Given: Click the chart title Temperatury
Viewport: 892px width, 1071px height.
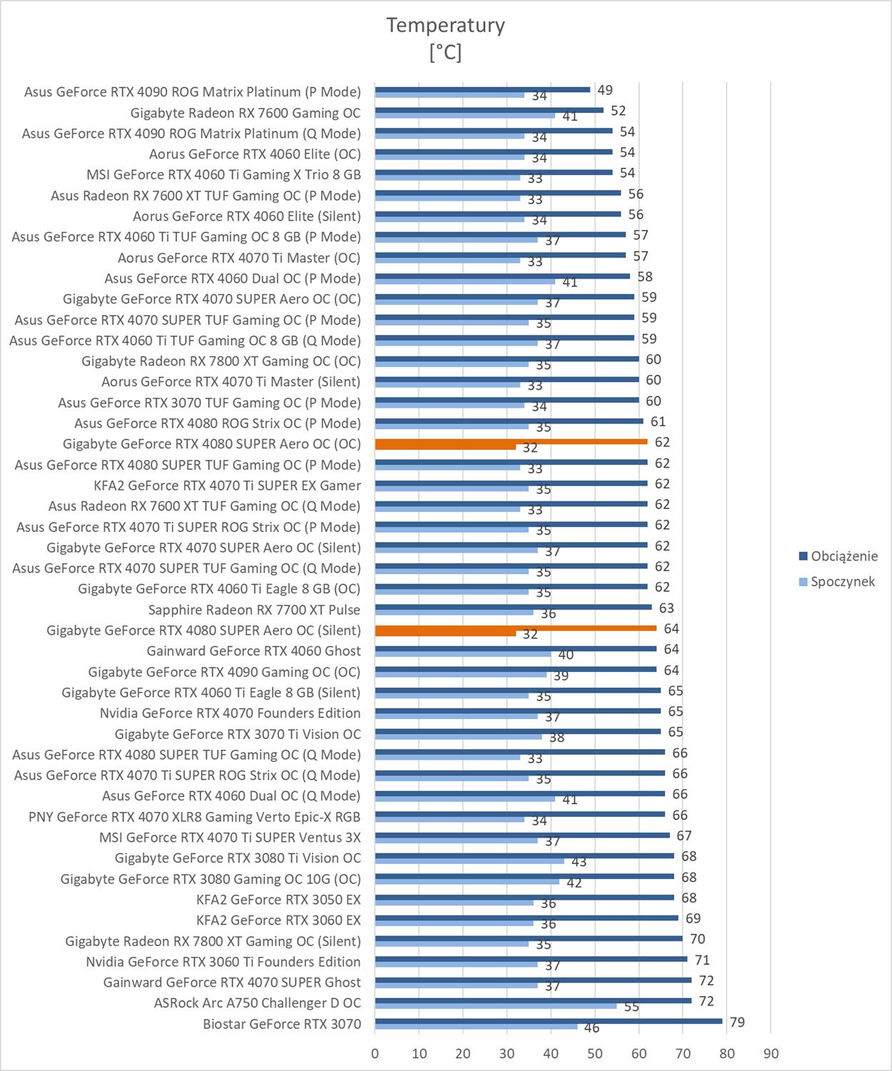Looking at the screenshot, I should pyautogui.click(x=445, y=25).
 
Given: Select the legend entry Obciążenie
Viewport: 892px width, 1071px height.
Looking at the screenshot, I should pyautogui.click(x=844, y=556).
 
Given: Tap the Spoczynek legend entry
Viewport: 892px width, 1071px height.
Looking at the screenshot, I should pyautogui.click(x=842, y=581).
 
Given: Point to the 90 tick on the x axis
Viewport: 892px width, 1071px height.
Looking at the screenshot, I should pyautogui.click(x=771, y=1053).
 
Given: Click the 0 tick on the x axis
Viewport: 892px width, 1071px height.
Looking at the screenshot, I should pyautogui.click(x=375, y=1053).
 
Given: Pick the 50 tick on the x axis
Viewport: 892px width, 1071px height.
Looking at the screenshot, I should pyautogui.click(x=595, y=1053).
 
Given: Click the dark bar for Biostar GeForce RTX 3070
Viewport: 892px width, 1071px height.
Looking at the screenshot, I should pyautogui.click(x=548, y=1021).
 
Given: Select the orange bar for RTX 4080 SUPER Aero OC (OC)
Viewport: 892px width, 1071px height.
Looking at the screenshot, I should pyautogui.click(x=511, y=442).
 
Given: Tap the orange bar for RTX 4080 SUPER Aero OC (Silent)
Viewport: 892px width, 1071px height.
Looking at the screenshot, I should pyautogui.click(x=515, y=628).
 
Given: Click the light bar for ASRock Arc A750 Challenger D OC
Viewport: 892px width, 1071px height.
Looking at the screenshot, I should pyautogui.click(x=495, y=1006).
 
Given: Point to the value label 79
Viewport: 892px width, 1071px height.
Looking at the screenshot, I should pyautogui.click(x=737, y=1022).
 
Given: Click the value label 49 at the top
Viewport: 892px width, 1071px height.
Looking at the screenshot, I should pyautogui.click(x=605, y=90).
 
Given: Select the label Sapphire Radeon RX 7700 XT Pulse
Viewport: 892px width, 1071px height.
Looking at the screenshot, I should pyautogui.click(x=254, y=610).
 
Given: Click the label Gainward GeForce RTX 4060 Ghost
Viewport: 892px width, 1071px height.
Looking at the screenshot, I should pyautogui.click(x=253, y=651).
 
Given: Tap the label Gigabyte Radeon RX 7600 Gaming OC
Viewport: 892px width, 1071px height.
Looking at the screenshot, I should pyautogui.click(x=245, y=113).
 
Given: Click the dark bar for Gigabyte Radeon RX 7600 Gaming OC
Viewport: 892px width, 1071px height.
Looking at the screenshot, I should pyautogui.click(x=489, y=111).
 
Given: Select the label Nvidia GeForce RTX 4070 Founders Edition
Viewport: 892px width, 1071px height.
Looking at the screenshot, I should pyautogui.click(x=230, y=713).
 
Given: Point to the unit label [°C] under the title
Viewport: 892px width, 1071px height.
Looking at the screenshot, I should pyautogui.click(x=445, y=52).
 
